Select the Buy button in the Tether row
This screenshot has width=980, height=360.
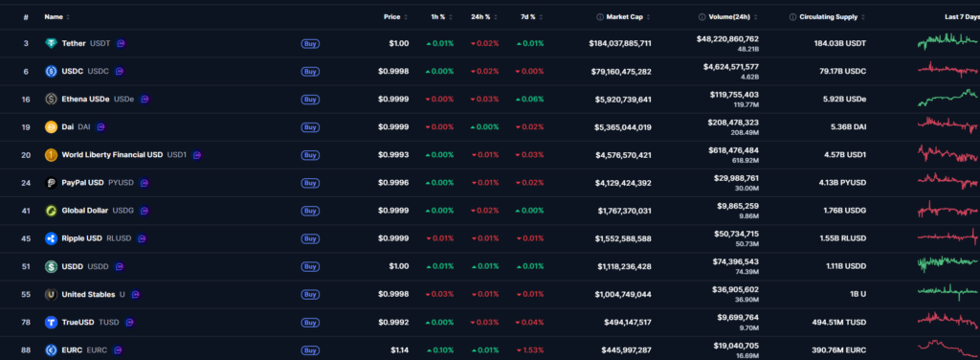310,43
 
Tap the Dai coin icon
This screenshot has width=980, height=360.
52,126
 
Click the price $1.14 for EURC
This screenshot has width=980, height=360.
399,349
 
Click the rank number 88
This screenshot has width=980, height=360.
26,349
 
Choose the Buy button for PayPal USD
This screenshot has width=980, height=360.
310,182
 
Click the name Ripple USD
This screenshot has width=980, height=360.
84,237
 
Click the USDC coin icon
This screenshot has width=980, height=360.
52,71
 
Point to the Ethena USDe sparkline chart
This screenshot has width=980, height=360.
947,99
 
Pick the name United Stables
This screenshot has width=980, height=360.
88,294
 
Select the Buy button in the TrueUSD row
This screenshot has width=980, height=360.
310,322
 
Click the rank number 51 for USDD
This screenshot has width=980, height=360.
26,265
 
